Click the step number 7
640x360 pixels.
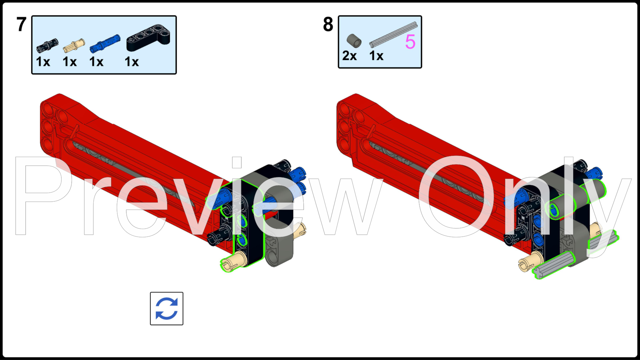tap(21, 24)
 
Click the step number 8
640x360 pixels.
tap(328, 24)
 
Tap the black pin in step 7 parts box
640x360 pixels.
tap(47, 45)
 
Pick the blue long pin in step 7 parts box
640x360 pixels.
tap(105, 43)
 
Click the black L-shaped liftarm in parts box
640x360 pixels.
tap(149, 38)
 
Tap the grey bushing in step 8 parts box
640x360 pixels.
tap(354, 41)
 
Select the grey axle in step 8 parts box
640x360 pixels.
tap(393, 35)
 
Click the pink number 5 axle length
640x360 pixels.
tap(410, 42)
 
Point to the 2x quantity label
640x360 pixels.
tap(349, 56)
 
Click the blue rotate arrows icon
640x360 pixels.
tap(167, 309)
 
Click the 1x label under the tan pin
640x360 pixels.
tap(70, 62)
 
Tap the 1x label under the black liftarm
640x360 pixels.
tap(132, 62)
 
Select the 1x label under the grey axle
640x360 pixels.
tap(376, 56)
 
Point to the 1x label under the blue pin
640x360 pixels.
tap(96, 62)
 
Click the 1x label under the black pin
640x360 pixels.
tap(43, 62)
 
